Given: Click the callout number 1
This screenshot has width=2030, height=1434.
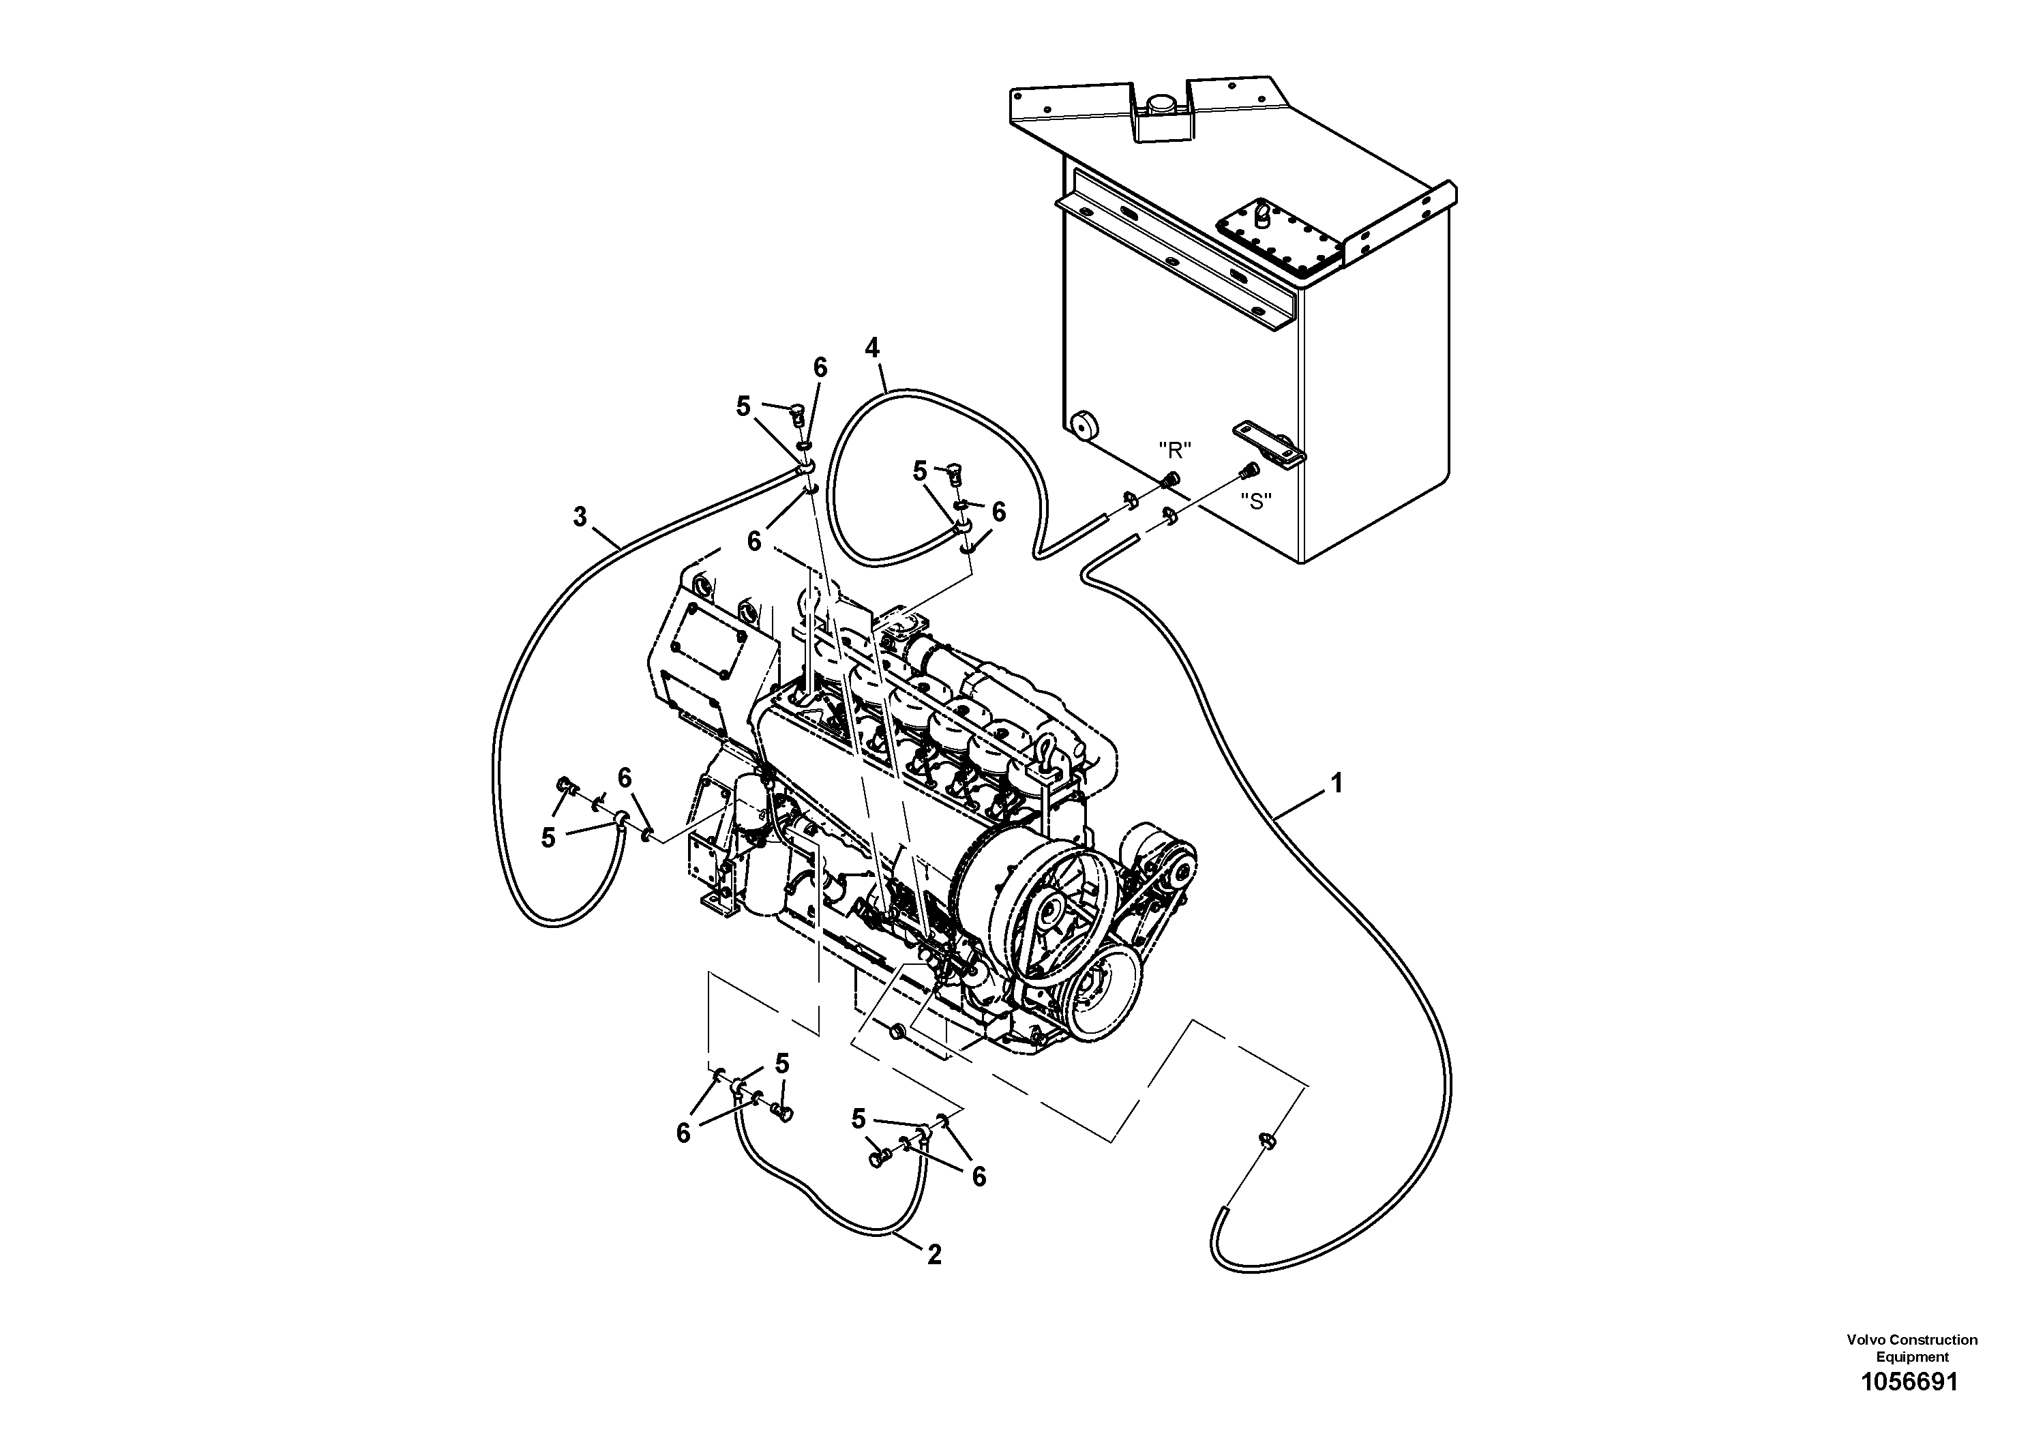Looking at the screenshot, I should (1337, 783).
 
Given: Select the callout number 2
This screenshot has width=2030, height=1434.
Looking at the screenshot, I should (934, 1254).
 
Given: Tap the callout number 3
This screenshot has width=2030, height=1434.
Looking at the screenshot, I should (580, 516).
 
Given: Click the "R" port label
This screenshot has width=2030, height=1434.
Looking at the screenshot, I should (1175, 450).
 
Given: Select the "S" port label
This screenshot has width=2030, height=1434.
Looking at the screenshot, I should (1255, 501).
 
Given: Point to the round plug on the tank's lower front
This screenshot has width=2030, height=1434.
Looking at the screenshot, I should (1083, 426).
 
